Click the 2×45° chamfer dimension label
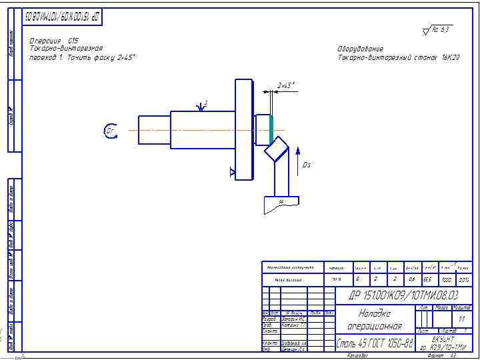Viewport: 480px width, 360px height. pyautogui.click(x=286, y=85)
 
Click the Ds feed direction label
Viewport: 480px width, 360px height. pyautogui.click(x=307, y=165)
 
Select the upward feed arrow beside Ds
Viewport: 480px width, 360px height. pyautogui.click(x=297, y=149)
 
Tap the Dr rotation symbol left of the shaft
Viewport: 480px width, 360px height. pyautogui.click(x=111, y=131)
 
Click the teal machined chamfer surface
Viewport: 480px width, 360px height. pyautogui.click(x=271, y=130)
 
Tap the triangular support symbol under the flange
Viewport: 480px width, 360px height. pyautogui.click(x=232, y=173)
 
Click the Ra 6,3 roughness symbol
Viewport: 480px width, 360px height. pyautogui.click(x=437, y=30)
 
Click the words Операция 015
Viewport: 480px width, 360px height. pyautogui.click(x=54, y=41)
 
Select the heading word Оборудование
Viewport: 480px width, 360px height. pyautogui.click(x=361, y=49)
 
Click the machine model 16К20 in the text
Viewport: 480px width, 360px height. pyautogui.click(x=450, y=57)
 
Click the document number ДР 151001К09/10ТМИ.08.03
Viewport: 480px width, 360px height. pyautogui.click(x=404, y=295)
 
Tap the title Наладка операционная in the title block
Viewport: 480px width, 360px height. pyautogui.click(x=374, y=319)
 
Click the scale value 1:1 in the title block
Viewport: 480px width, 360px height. pyautogui.click(x=461, y=319)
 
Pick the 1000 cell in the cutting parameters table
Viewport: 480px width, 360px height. pyautogui.click(x=446, y=280)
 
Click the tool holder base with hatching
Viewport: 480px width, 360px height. pyautogui.click(x=281, y=204)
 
